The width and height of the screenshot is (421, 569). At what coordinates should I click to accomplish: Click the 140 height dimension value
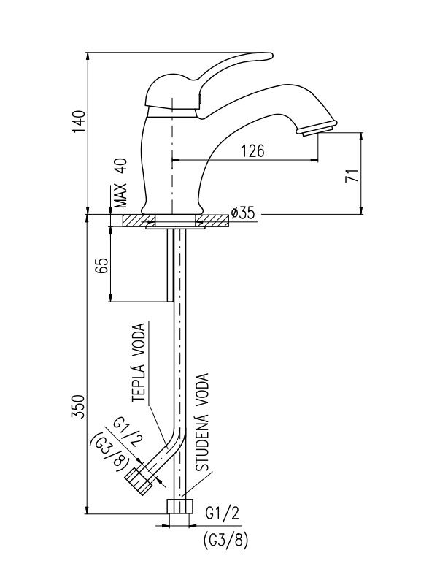pos(79,121)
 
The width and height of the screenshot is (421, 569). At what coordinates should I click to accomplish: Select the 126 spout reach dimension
pos(253,150)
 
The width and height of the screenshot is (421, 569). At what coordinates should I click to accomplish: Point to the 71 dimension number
pos(352,175)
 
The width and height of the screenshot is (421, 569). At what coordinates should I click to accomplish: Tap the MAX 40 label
pos(121,183)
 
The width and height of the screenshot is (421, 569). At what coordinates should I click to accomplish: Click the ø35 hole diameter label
pos(242,213)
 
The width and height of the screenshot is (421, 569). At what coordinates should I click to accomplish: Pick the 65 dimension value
pos(101,266)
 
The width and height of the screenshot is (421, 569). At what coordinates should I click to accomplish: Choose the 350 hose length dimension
pos(79,406)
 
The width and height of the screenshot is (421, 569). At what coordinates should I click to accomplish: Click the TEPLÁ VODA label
pos(139,362)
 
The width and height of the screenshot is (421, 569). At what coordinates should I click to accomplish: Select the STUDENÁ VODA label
pos(202,422)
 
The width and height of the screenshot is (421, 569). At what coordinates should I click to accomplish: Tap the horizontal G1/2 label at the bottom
pos(223,513)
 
